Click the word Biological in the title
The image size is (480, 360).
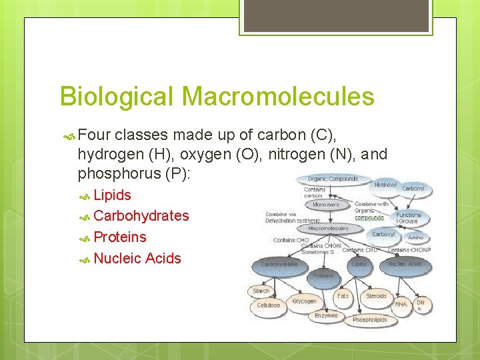coord(117,97)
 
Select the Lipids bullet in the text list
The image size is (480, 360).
coord(112,195)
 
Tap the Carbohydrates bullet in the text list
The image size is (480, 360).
coord(141,216)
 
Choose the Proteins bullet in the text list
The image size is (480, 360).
coord(120,237)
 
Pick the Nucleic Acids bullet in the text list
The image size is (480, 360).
coord(137,259)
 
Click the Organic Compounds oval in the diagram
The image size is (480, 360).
coord(333,178)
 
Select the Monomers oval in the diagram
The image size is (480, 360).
coord(326,205)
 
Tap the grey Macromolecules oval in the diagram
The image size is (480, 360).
coord(328,228)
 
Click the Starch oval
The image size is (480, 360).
coord(261,291)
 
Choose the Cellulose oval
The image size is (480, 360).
coord(269,305)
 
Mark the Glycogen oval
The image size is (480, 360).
coord(304,301)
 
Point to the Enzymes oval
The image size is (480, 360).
coord(326,315)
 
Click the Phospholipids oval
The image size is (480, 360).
coord(370,320)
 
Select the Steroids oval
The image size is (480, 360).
coord(376,296)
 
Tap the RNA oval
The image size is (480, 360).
coord(401,305)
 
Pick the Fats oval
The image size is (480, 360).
coord(343,295)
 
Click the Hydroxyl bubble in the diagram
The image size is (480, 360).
coord(385,184)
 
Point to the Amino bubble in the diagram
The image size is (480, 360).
coord(415,237)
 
